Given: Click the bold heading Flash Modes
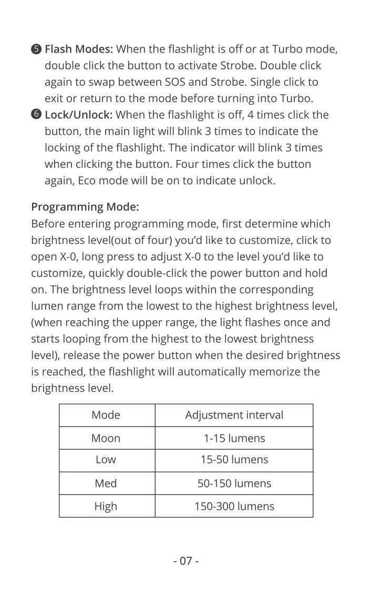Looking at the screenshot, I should tap(79, 49).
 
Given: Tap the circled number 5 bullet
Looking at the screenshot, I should tap(36, 50).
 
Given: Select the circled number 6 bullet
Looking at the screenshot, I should tap(36, 115).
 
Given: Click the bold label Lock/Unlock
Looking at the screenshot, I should tap(79, 115).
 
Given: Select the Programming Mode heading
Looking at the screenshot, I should tap(85, 207).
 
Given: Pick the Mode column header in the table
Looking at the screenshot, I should tap(106, 415).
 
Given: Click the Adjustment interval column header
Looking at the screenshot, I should tap(234, 415).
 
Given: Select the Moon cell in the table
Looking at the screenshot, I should tap(106, 438).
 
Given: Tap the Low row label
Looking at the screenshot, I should tap(106, 460).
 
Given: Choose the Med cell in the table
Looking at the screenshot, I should tap(106, 483).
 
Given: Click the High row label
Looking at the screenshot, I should tap(106, 506).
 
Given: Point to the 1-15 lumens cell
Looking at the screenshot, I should tap(234, 438).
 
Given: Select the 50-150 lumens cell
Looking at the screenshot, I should tap(234, 483).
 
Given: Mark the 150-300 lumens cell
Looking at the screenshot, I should tap(234, 506).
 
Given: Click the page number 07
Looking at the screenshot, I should tap(186, 561).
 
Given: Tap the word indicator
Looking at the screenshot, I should tap(240, 148).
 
